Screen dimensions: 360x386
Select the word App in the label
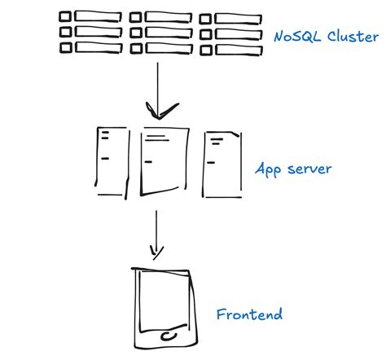pyautogui.click(x=268, y=170)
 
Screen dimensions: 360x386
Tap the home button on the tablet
pyautogui.click(x=168, y=335)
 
